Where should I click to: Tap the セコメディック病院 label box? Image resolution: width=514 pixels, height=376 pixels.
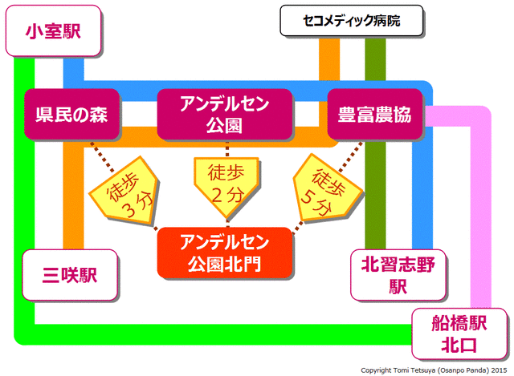[x=351, y=22]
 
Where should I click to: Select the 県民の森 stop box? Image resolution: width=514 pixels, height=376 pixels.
[x=72, y=115]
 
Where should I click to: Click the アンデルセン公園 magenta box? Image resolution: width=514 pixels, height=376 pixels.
[x=226, y=115]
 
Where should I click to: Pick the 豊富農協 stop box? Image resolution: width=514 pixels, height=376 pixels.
[x=375, y=115]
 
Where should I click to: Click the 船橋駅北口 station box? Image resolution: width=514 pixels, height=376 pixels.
[x=459, y=335]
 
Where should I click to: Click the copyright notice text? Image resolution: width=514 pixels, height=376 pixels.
[x=434, y=370]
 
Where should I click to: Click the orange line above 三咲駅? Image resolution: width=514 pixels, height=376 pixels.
[x=73, y=200]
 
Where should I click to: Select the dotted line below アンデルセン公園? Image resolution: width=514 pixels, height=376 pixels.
[x=226, y=148]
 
